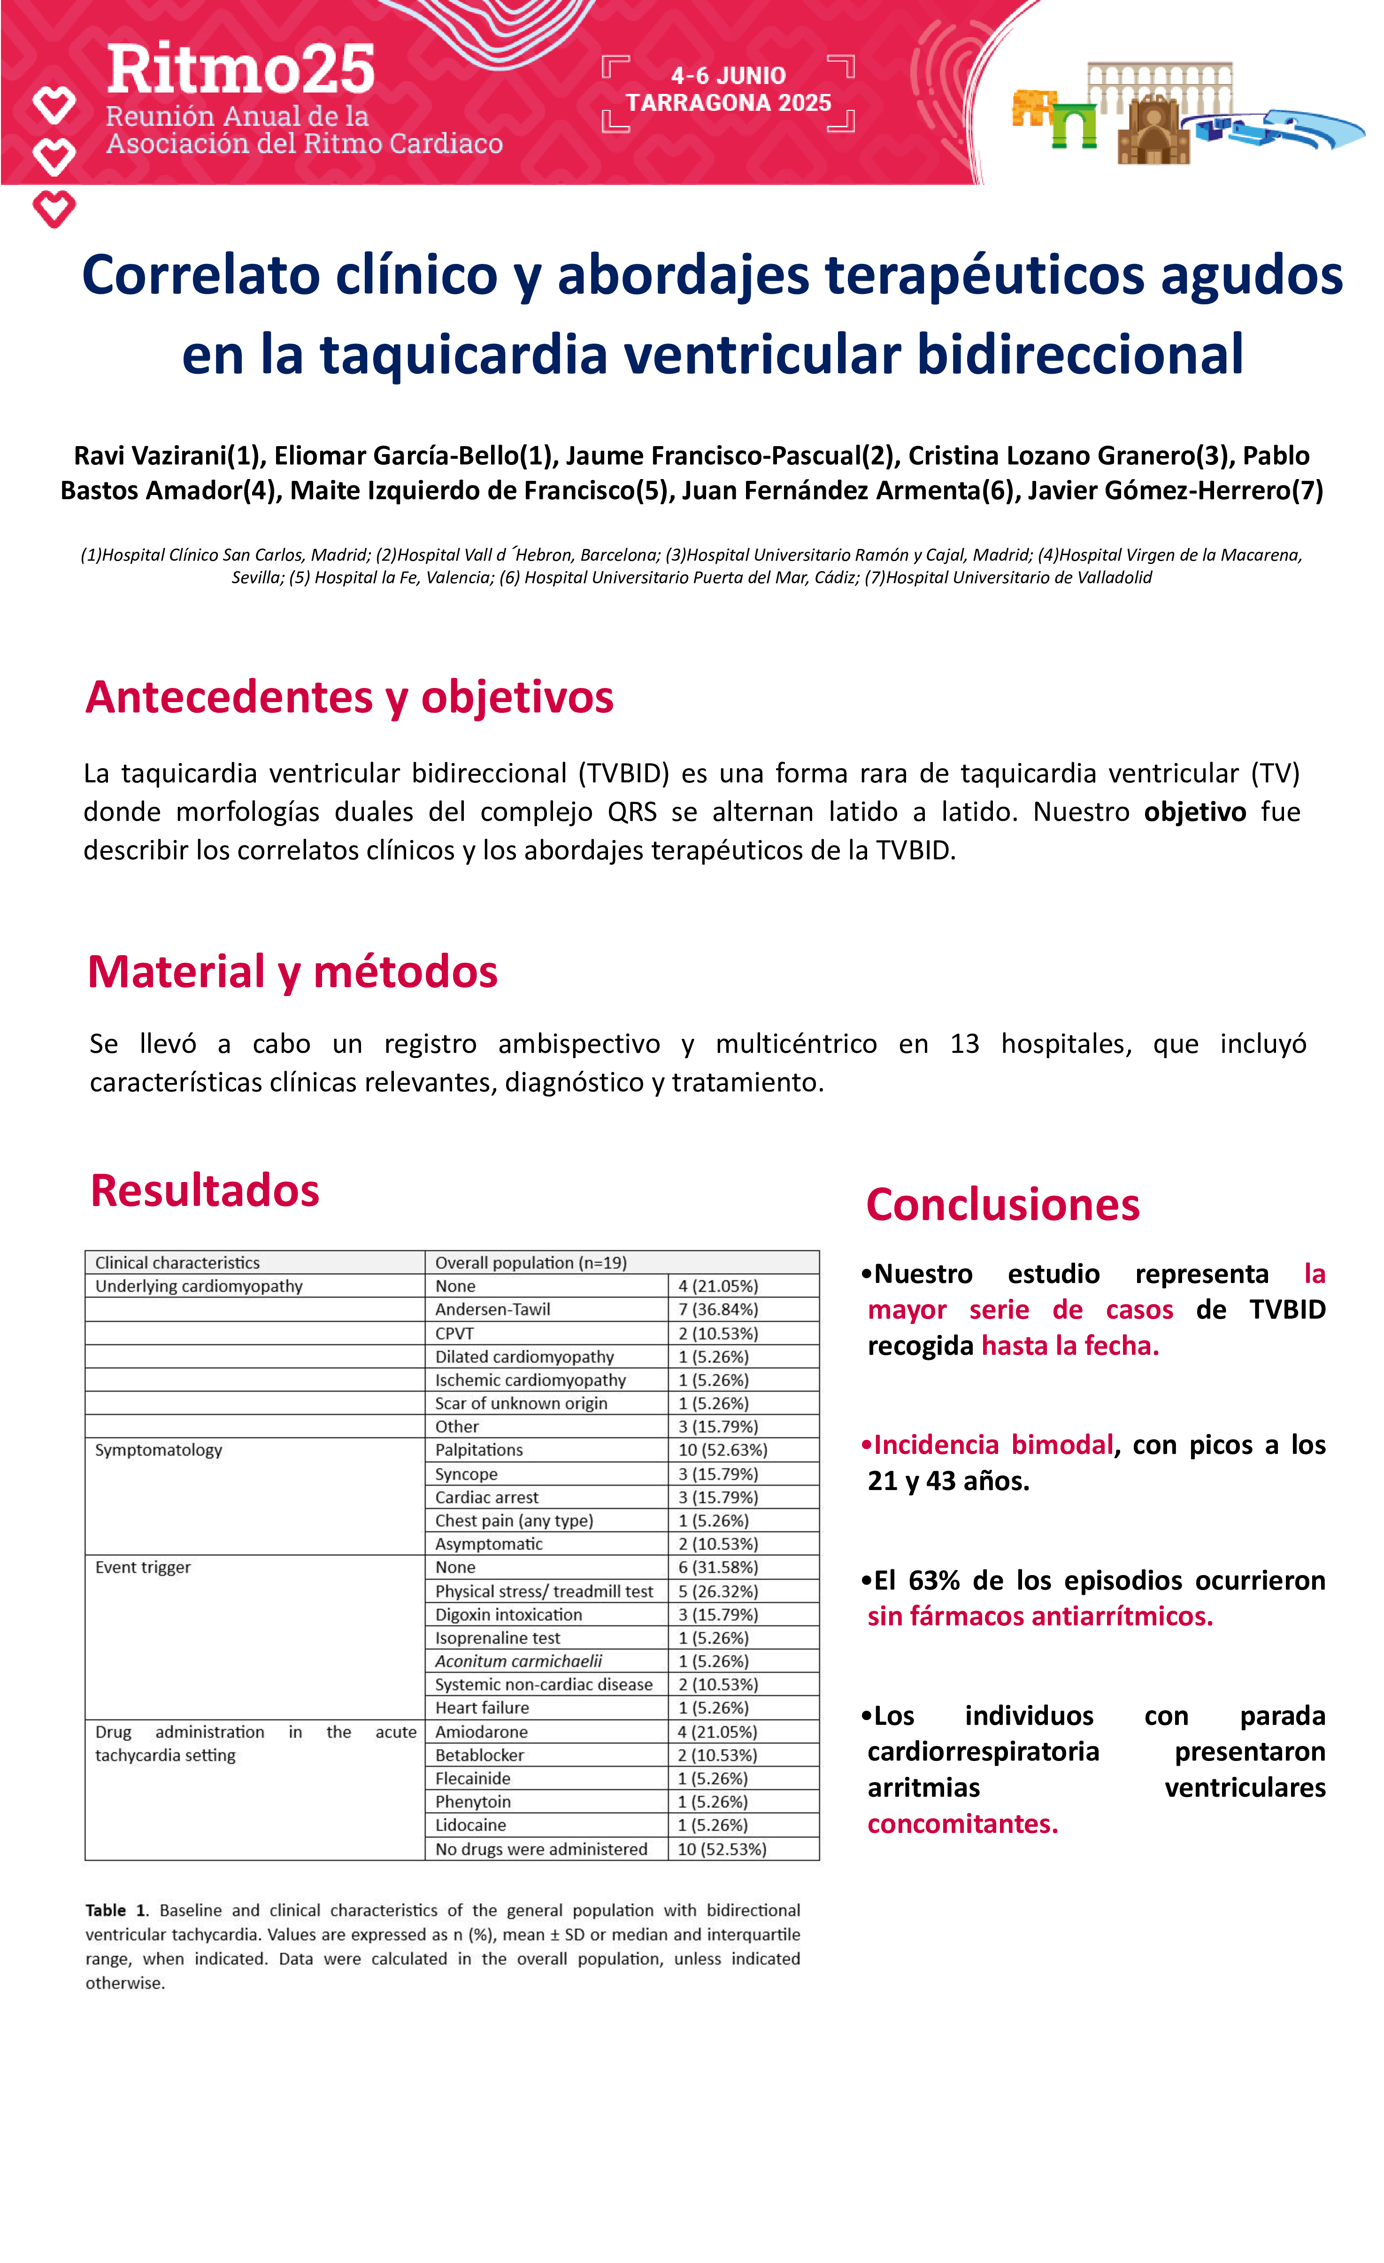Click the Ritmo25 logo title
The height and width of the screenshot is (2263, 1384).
coord(241,70)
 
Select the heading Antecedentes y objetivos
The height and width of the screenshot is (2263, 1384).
coord(349,697)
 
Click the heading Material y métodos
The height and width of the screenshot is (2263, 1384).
coord(292,972)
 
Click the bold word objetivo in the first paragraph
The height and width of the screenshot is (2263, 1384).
coord(1194,812)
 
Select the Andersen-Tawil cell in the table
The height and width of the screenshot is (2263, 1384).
coord(492,1310)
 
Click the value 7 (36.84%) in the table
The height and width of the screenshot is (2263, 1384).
coord(718,1310)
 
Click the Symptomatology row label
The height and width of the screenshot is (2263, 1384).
coord(159,1450)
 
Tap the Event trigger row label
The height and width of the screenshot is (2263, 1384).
coord(143,1568)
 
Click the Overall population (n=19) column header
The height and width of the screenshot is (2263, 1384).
coord(531,1263)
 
